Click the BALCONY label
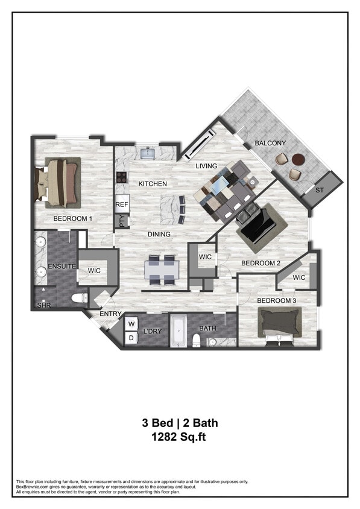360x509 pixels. pos(270,143)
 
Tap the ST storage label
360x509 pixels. pos(320,190)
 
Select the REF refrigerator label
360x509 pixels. pos(122,204)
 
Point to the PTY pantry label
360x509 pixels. pos(122,221)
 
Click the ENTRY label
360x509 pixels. pos(111,314)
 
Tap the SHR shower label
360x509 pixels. pos(43,305)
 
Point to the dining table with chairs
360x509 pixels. pos(162,269)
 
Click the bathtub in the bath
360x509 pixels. pos(178,331)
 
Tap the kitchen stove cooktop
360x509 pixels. pos(122,177)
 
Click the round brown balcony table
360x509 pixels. pos(298,160)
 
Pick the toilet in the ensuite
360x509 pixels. pos(78,297)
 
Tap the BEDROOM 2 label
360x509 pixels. pos(261,263)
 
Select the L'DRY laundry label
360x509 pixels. pos(151,332)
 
